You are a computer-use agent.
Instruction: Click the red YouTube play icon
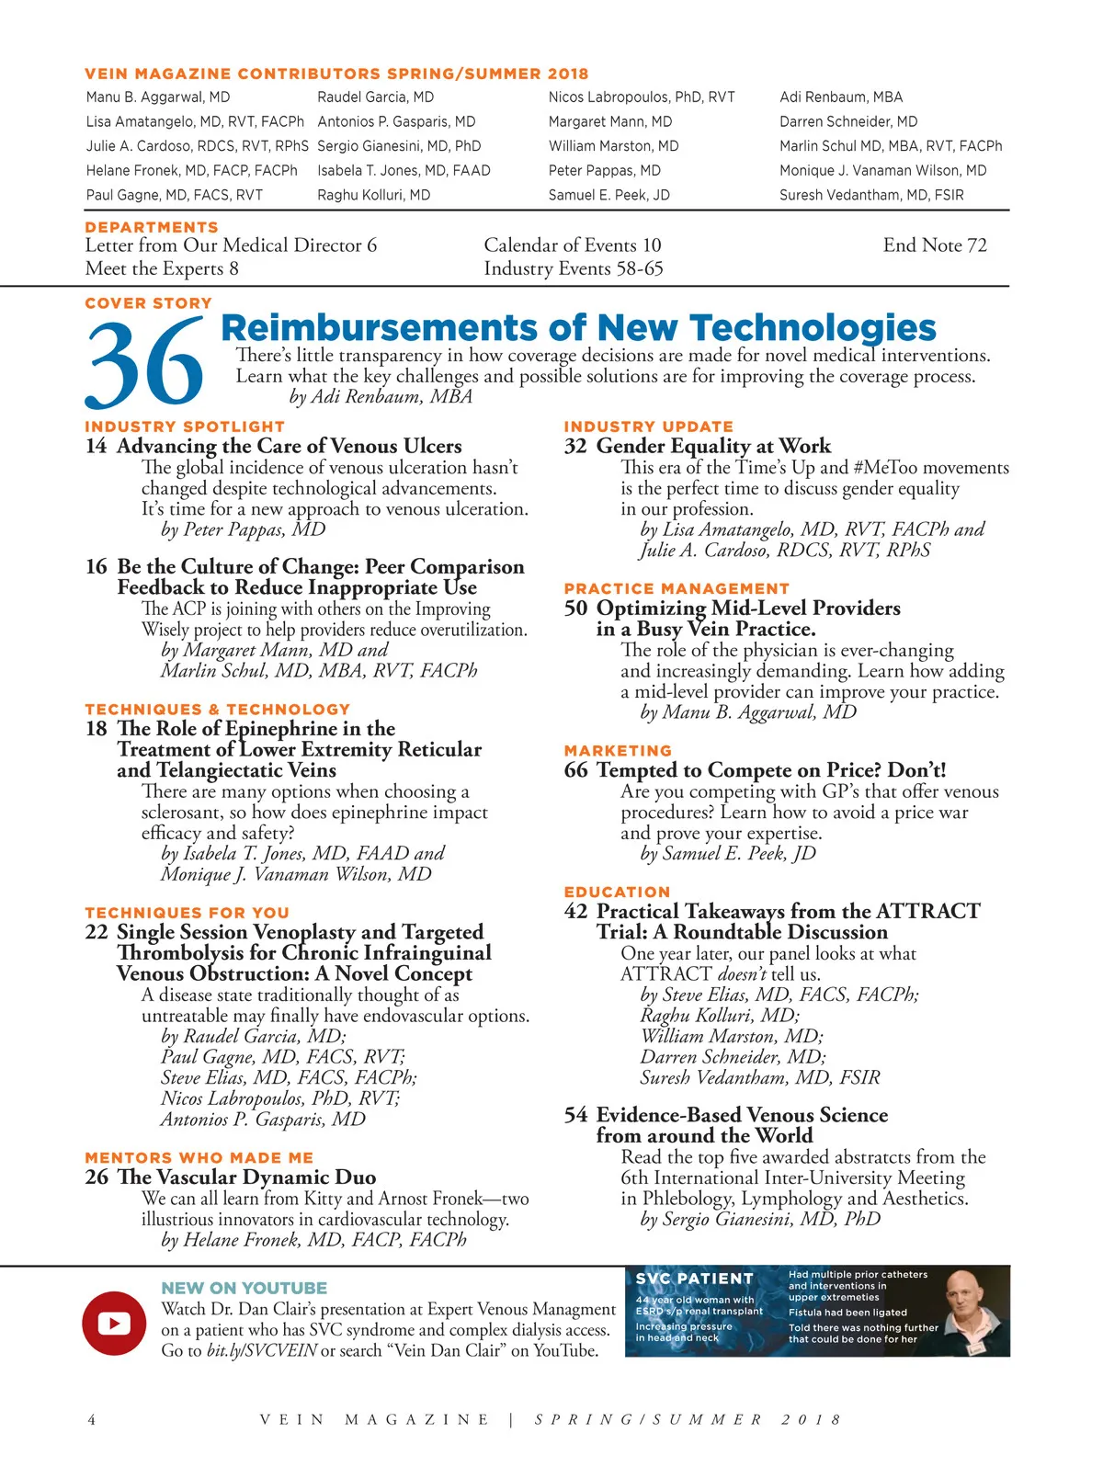(114, 1324)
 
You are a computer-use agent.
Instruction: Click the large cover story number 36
(144, 365)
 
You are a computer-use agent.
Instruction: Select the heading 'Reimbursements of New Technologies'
(578, 328)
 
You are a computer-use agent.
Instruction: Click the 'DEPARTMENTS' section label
(152, 227)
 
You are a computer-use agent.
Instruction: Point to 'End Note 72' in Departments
(935, 245)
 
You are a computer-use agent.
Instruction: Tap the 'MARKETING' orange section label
(618, 751)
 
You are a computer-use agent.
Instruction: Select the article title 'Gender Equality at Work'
(713, 447)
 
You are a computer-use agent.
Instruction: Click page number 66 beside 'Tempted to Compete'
(575, 770)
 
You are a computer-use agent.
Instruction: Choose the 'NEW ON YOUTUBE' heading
(244, 1289)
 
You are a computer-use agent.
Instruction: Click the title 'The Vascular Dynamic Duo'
(246, 1177)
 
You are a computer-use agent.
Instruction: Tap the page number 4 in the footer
(91, 1420)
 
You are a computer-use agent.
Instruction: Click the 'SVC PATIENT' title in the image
(694, 1279)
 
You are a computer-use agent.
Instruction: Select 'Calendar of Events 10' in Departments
(573, 245)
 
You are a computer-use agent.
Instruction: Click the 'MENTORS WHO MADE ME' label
(199, 1158)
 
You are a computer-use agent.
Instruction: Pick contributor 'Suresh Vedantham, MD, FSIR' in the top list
(871, 195)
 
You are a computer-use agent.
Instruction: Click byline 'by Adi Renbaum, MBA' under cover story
(381, 397)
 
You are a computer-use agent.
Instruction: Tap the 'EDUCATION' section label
(617, 892)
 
